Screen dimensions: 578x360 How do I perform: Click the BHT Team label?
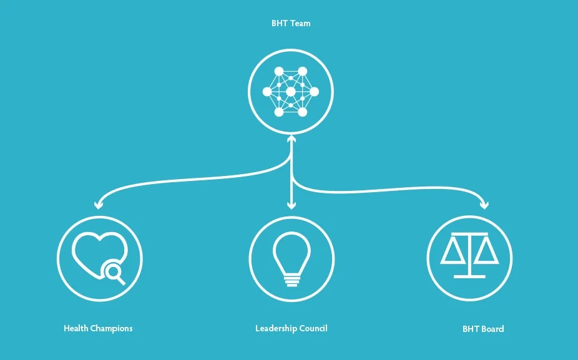click(x=291, y=24)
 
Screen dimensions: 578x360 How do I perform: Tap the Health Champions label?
click(x=98, y=328)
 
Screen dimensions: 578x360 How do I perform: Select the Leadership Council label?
click(x=291, y=328)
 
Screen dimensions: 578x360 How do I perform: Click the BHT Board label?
click(x=482, y=329)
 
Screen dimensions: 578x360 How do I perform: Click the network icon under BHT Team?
click(x=291, y=92)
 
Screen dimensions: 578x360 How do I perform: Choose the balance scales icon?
click(x=469, y=256)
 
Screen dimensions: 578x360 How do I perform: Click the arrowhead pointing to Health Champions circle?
click(x=98, y=204)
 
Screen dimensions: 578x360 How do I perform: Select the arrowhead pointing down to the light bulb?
click(x=291, y=205)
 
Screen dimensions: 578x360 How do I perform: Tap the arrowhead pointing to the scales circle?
click(x=484, y=204)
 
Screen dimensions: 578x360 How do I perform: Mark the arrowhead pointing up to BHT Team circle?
click(x=291, y=139)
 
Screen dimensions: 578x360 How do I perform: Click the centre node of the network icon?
click(x=291, y=92)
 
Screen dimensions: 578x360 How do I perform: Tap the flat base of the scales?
click(x=469, y=275)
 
